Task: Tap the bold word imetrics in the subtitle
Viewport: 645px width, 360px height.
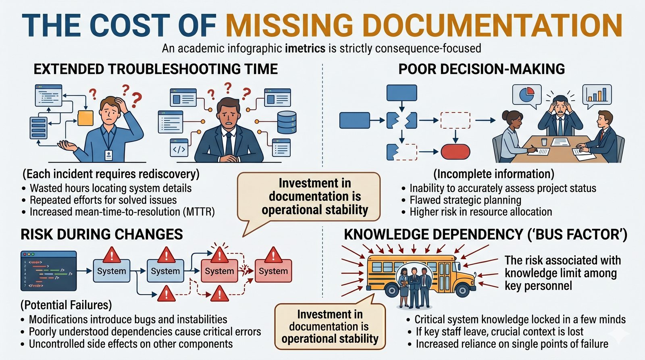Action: [305, 49]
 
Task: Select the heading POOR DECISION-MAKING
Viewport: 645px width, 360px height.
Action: [481, 69]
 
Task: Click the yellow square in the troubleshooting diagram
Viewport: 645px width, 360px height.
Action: [85, 118]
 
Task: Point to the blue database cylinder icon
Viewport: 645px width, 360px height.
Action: [287, 122]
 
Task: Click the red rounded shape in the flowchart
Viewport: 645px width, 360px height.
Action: [456, 152]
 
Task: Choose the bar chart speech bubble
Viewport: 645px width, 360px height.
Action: [597, 95]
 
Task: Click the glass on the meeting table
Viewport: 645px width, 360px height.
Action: [544, 142]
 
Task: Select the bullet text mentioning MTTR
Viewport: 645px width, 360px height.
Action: [122, 212]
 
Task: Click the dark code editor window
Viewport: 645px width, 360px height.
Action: [48, 271]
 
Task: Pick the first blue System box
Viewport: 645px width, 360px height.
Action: [111, 271]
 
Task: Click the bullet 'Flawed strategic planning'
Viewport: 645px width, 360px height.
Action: [465, 200]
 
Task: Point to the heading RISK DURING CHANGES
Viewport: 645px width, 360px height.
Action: [102, 235]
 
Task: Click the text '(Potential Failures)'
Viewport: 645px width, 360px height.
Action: [66, 305]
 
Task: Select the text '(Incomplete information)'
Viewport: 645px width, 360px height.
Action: [493, 174]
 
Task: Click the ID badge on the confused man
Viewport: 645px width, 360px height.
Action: [108, 155]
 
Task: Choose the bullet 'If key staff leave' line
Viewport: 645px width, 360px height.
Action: [499, 332]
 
